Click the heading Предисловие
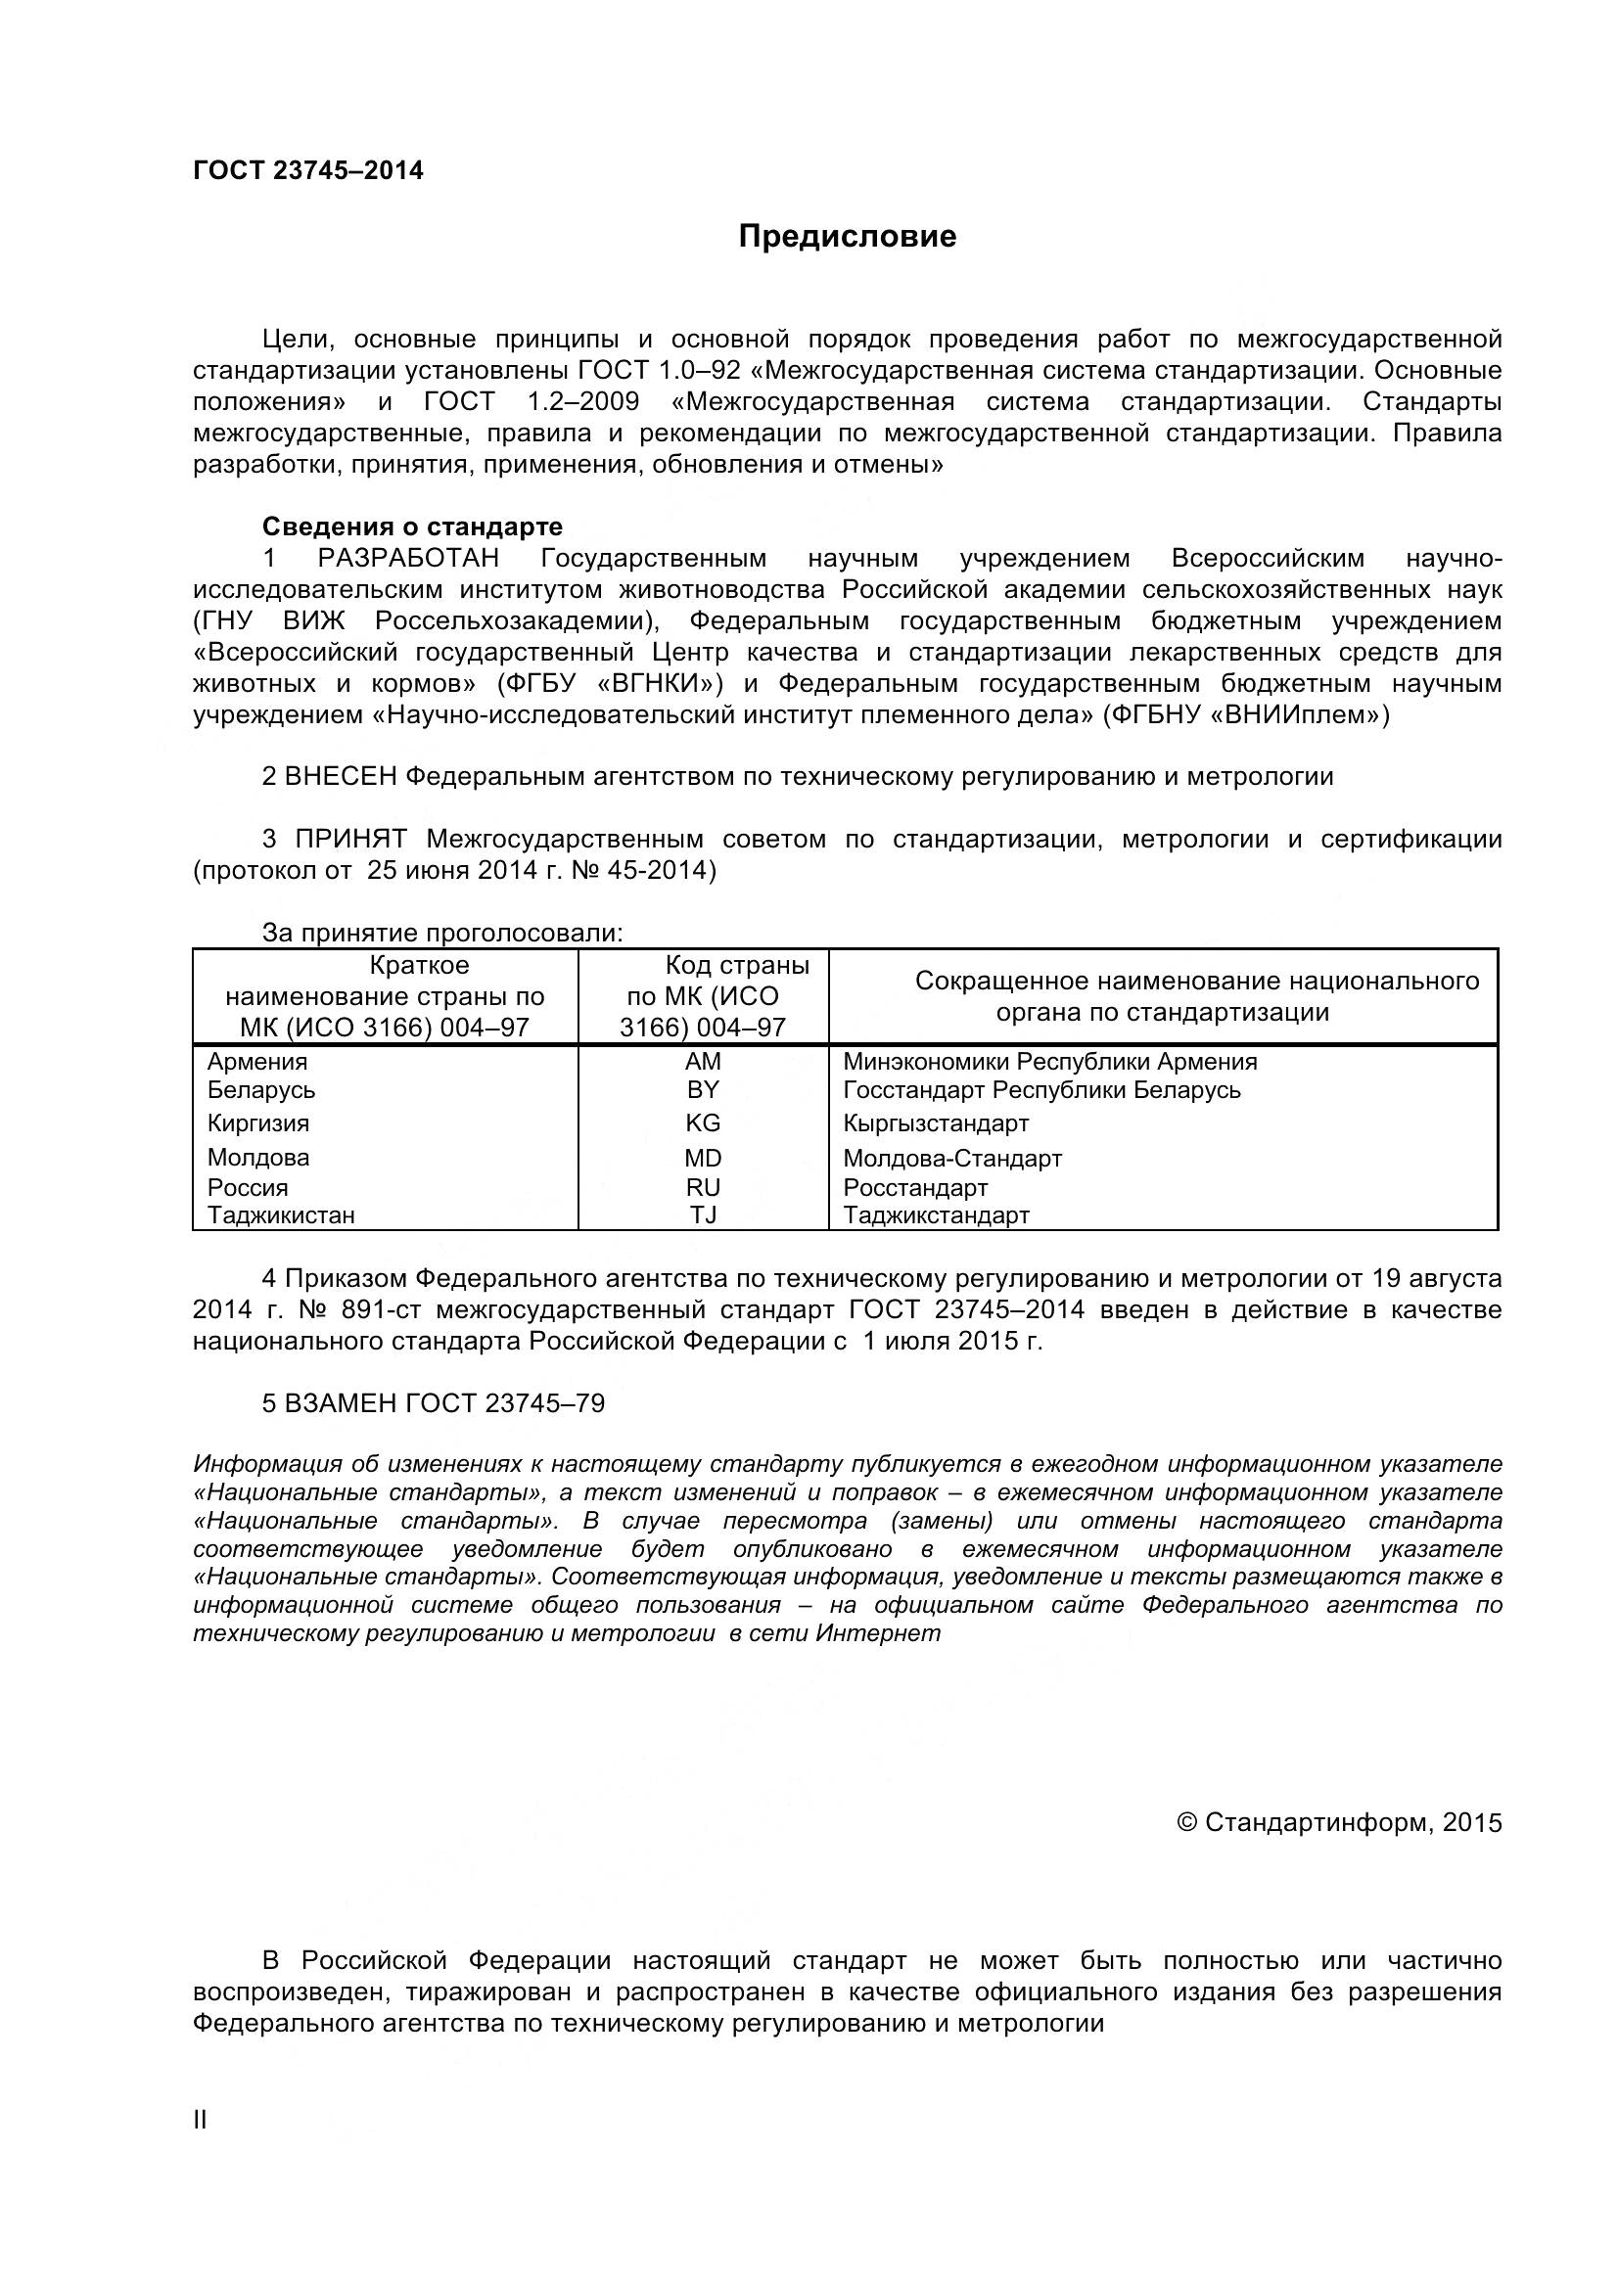(847, 236)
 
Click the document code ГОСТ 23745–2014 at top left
(308, 170)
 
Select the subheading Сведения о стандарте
(412, 526)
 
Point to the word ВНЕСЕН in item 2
(341, 777)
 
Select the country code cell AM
(703, 1062)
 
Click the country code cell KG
(703, 1123)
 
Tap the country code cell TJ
(703, 1215)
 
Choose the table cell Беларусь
(260, 1089)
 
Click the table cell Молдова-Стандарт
(952, 1159)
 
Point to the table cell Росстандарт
(915, 1188)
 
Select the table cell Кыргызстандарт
(935, 1123)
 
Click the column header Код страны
(737, 965)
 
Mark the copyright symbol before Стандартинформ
(1186, 1823)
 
